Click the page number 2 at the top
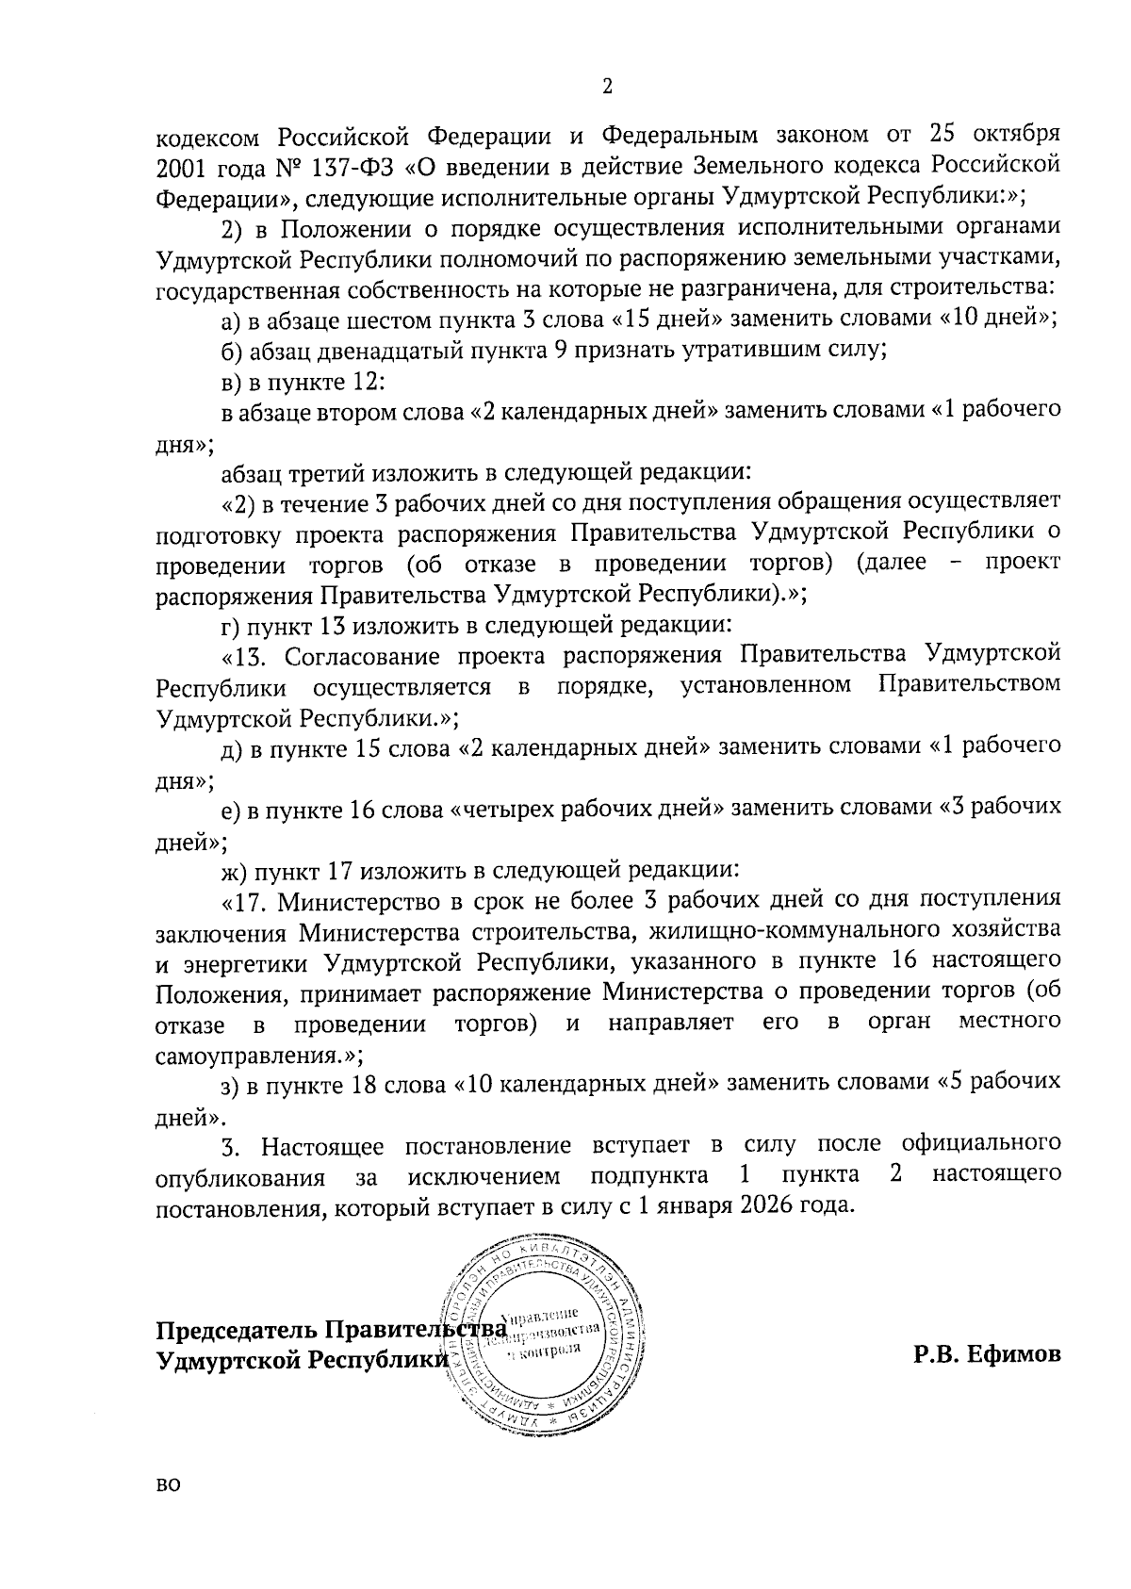pos(607,87)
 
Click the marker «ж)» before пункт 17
pos(234,869)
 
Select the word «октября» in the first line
pos(1013,132)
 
